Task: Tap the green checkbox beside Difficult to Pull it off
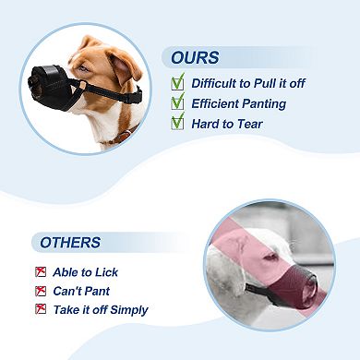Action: coord(178,82)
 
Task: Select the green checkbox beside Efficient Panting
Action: coord(178,102)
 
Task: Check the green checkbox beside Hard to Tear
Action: coord(178,123)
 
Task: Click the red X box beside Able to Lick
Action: coord(40,272)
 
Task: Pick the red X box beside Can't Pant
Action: coord(40,291)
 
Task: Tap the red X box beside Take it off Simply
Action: coord(40,309)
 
